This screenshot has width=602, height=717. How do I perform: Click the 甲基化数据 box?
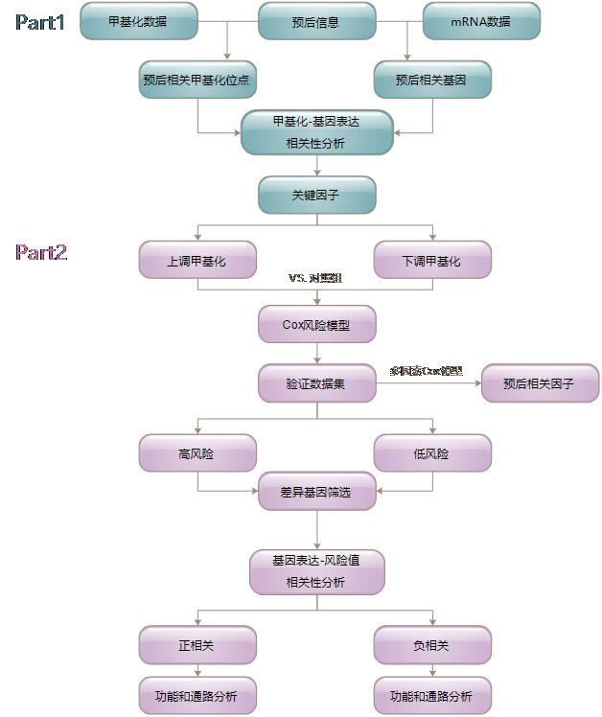coord(138,20)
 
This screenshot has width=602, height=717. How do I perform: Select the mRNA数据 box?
coord(480,20)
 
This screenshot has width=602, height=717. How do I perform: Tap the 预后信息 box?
coord(316,21)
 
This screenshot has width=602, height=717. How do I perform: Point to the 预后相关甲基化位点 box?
coord(197,81)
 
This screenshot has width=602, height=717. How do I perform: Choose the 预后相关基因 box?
coord(431,81)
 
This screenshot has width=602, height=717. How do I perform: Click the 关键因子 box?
coord(316,195)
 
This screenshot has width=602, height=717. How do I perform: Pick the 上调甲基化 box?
coord(197,260)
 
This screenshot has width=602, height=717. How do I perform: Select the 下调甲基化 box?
coord(431,260)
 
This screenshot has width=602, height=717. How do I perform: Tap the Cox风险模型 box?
coord(316,325)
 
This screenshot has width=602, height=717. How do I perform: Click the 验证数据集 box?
coord(316,383)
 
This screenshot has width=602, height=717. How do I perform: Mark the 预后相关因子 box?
coord(540,383)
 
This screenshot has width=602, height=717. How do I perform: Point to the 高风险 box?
coord(197,453)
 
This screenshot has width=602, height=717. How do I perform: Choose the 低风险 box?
coord(431,453)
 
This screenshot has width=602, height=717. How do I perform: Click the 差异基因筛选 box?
coord(316,492)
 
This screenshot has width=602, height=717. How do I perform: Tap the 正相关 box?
coord(197,645)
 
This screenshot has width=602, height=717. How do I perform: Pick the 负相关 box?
coord(431,645)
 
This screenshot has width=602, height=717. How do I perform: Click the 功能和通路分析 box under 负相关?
coord(431,695)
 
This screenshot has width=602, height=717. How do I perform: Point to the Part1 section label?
coord(40,22)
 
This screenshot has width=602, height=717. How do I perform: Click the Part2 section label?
coord(41,252)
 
